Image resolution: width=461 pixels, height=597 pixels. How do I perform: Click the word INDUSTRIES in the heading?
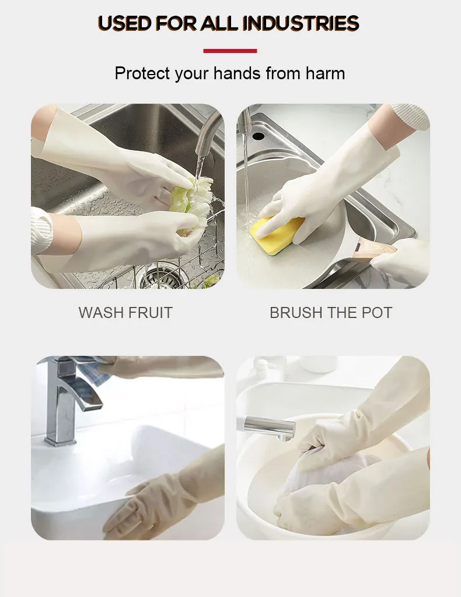pos(301,23)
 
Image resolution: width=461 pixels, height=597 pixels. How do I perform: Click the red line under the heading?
pos(230,51)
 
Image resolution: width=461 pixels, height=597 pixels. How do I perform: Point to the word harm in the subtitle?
pos(325,73)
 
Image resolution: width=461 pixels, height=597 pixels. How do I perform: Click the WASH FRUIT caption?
pos(125,313)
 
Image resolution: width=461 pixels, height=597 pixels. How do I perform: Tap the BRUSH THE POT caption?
pos(331,313)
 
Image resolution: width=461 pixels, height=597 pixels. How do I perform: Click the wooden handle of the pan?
pos(373,250)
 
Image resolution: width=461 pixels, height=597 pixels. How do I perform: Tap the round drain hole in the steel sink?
pos(258,136)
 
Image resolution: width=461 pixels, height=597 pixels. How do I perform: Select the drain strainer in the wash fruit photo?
pos(158,277)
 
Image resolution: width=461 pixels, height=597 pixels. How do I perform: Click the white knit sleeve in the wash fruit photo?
pos(41,231)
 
